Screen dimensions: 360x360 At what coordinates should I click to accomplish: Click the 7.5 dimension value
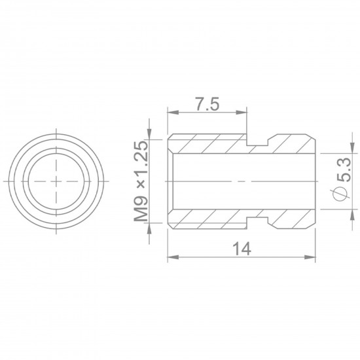pos(207,104)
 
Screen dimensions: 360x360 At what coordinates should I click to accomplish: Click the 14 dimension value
pos(242,249)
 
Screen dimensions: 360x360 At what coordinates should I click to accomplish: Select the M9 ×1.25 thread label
pos(141,181)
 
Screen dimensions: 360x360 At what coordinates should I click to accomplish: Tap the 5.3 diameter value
pos(344,170)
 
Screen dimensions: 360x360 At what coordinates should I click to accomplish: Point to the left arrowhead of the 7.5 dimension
pos(173,113)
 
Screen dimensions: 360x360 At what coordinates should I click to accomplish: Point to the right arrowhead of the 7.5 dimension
pos(242,113)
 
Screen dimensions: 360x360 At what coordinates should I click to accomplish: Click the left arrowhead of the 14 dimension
pos(173,257)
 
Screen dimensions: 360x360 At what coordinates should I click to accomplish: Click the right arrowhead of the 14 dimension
pos(310,257)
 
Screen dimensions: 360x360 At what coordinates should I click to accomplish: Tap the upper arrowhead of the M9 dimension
pos(149,134)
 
